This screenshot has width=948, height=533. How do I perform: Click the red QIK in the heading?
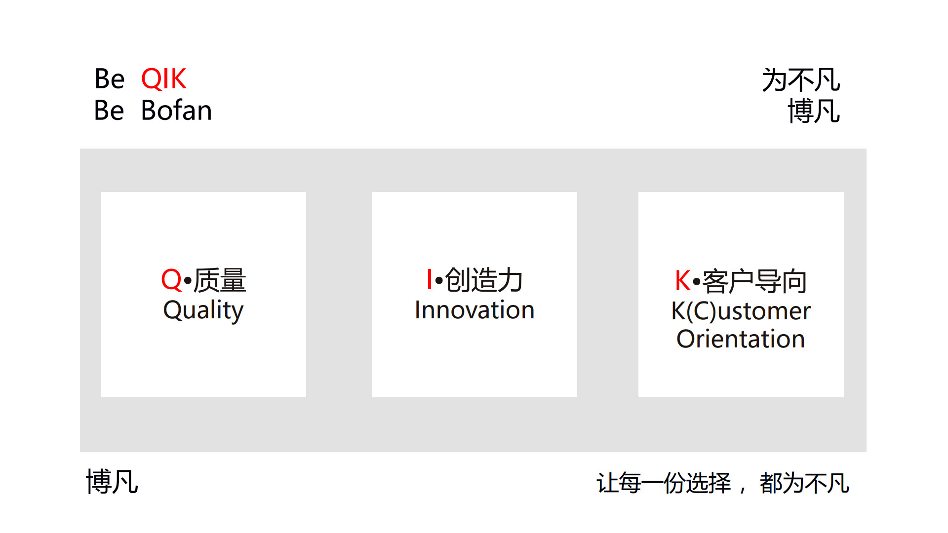(x=163, y=79)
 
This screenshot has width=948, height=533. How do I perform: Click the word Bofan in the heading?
(x=176, y=111)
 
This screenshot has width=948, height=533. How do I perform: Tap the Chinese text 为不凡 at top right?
(x=801, y=80)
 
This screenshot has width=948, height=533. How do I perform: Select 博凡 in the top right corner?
(x=814, y=111)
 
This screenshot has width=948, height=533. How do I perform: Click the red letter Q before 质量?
(x=171, y=280)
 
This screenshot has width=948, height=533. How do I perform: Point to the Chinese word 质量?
(x=220, y=280)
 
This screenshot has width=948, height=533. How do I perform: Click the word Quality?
(x=203, y=311)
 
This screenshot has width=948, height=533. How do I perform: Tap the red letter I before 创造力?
(x=430, y=279)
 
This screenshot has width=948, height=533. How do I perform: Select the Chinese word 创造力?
(x=484, y=280)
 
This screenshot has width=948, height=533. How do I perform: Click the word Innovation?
(x=474, y=310)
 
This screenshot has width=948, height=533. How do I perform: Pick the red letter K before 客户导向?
(x=683, y=281)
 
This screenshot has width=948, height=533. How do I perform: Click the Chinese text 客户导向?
(x=754, y=281)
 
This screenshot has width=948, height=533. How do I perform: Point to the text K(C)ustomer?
(x=741, y=311)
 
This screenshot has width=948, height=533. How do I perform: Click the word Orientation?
(x=741, y=339)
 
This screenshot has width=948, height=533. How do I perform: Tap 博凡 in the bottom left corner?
(x=112, y=482)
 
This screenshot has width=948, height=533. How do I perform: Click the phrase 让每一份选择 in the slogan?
(x=664, y=483)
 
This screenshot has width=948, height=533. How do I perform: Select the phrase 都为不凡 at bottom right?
(x=804, y=483)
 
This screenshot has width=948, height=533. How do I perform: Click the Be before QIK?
(x=110, y=79)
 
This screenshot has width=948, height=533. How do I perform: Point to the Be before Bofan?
(x=109, y=111)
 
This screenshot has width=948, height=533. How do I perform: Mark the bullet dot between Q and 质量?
(x=188, y=281)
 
